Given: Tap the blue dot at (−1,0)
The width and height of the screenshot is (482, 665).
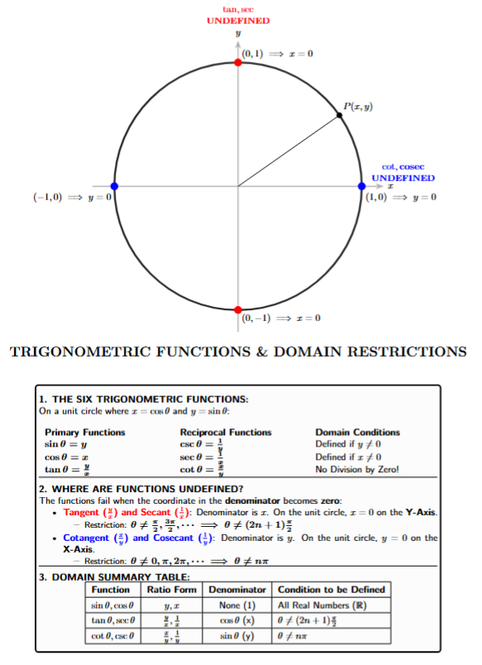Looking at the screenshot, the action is click(114, 185).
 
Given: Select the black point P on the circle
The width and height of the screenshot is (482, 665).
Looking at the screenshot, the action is click(340, 115).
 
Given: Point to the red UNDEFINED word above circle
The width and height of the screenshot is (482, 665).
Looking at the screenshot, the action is click(238, 20).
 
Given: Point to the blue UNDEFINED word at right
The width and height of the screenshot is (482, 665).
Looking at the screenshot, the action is click(403, 178).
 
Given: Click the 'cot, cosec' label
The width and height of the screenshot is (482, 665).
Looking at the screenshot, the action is click(403, 167).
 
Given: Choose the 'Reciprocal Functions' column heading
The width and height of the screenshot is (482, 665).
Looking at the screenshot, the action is click(226, 432).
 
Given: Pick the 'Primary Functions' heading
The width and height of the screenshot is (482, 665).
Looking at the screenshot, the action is click(85, 432).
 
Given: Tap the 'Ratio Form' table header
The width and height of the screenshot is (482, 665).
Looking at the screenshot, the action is click(172, 589).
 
